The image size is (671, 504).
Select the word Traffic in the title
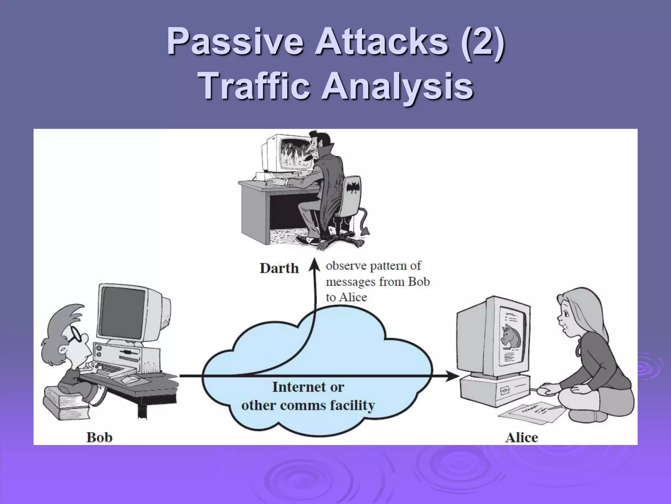tap(255, 86)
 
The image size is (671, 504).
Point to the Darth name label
tap(279, 268)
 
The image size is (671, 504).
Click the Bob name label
tap(99, 437)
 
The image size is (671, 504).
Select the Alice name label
tap(521, 437)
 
